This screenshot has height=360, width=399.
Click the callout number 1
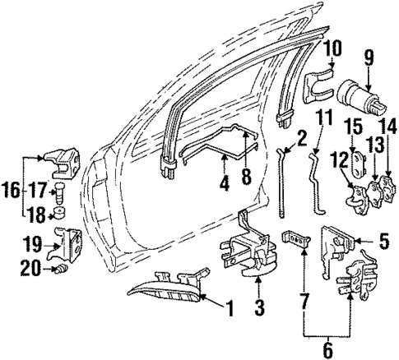[x=230, y=311]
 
